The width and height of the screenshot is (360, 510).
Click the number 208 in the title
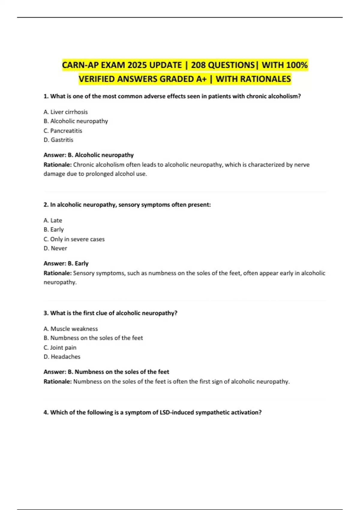tap(200, 65)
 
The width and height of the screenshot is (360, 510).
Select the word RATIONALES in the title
tap(268, 79)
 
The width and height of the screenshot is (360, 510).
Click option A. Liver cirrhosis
tap(66, 112)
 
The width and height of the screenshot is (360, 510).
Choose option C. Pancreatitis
tap(63, 131)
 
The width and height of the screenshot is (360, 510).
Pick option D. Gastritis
tap(58, 140)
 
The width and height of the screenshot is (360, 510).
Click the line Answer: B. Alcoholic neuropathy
tap(88, 155)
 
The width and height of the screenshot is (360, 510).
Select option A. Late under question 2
tap(53, 220)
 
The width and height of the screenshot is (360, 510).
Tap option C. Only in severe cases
tap(74, 239)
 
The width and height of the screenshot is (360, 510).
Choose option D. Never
tap(55, 248)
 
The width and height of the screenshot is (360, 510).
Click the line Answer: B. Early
tap(66, 263)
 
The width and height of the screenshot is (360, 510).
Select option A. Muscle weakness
tap(71, 329)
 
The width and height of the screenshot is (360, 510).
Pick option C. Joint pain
tap(60, 348)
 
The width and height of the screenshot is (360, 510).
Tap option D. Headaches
tap(62, 357)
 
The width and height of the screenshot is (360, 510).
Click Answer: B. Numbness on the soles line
tap(106, 372)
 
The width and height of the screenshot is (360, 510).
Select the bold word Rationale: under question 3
tap(58, 382)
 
